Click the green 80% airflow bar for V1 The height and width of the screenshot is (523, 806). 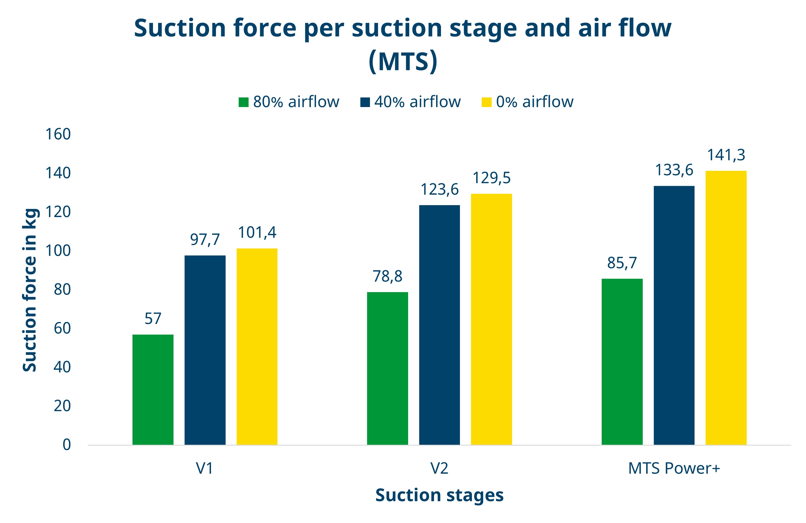tap(153, 389)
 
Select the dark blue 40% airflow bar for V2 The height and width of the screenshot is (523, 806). tap(439, 325)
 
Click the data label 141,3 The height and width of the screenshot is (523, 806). tap(726, 155)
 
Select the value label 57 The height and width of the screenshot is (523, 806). tap(153, 319)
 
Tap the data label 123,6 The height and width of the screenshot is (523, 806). tap(439, 190)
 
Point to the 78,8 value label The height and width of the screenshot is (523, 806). tap(387, 277)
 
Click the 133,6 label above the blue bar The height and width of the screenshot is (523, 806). tap(674, 170)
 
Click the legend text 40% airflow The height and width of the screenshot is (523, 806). tap(417, 102)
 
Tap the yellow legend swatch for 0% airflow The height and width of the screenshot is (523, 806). tap(486, 102)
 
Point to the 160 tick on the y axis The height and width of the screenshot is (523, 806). tap(58, 134)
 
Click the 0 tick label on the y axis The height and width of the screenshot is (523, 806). tap(67, 445)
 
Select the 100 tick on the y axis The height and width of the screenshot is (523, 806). tap(58, 251)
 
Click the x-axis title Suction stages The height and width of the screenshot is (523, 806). tap(439, 495)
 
